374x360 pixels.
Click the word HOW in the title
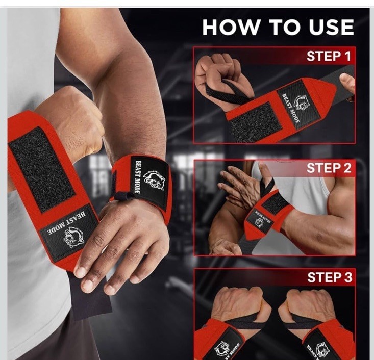231,27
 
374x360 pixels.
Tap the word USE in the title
331,27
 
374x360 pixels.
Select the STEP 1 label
329,56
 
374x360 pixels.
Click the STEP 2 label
329,168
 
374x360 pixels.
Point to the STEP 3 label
330,277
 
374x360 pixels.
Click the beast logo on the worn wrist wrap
154,180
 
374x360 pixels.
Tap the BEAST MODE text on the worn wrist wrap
138,176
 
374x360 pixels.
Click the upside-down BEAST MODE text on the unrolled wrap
66,222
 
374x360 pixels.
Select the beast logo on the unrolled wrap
73,237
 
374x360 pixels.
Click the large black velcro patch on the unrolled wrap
41,169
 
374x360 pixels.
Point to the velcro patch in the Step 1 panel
255,121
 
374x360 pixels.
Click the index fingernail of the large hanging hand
80,271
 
